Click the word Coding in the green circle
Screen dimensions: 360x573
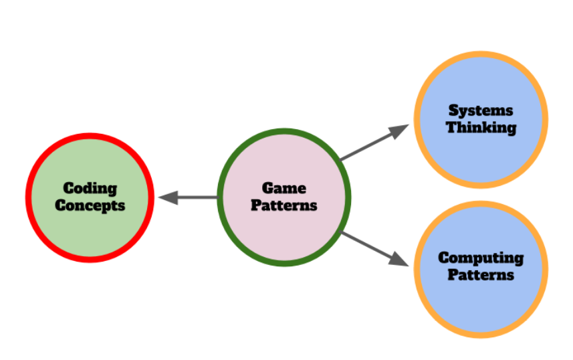[x=90, y=189]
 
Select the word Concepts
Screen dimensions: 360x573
[x=90, y=205]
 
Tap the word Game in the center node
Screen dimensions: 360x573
[x=284, y=189]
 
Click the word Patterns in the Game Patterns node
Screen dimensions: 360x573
[x=284, y=205]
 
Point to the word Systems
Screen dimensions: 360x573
[x=481, y=110]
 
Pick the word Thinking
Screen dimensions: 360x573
[x=481, y=127]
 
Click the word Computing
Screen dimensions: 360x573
[x=481, y=258]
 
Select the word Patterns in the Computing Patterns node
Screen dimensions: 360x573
[x=481, y=274]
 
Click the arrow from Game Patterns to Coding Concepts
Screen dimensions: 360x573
[x=191, y=197]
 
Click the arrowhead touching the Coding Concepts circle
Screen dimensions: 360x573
[x=167, y=197]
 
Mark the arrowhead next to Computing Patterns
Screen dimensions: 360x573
[x=399, y=260]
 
